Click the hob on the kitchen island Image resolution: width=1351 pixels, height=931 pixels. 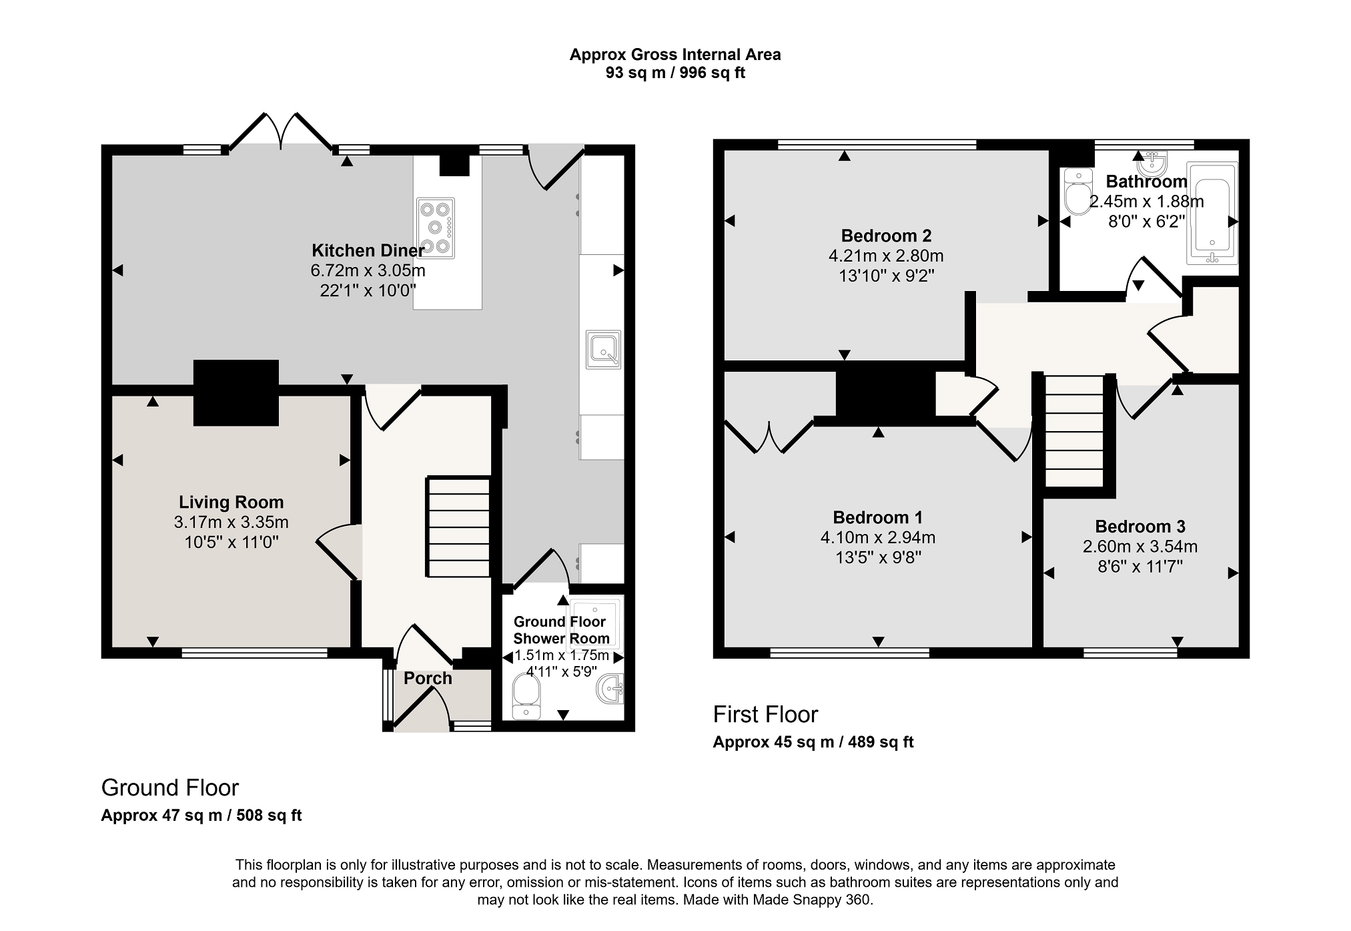pyautogui.click(x=435, y=228)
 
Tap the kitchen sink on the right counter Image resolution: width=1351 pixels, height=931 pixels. pyautogui.click(x=603, y=350)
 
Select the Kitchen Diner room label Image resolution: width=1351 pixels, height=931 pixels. pyautogui.click(x=368, y=251)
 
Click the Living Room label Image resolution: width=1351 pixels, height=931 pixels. pyautogui.click(x=231, y=502)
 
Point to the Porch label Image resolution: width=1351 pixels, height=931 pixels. pyautogui.click(x=428, y=678)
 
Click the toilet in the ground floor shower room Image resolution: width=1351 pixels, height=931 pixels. pyautogui.click(x=526, y=697)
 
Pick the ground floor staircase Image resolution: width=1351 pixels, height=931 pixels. pyautogui.click(x=458, y=527)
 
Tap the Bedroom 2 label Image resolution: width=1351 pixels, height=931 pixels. pyautogui.click(x=886, y=236)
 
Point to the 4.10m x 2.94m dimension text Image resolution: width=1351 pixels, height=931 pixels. pyautogui.click(x=877, y=537)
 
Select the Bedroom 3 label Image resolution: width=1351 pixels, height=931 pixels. pyautogui.click(x=1140, y=527)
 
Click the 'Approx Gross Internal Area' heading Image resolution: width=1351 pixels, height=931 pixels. pyautogui.click(x=675, y=55)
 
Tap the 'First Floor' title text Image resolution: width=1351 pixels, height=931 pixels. pyautogui.click(x=765, y=715)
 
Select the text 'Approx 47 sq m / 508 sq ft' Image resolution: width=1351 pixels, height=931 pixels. pyautogui.click(x=201, y=816)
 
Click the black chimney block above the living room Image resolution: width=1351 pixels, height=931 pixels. pyautogui.click(x=236, y=392)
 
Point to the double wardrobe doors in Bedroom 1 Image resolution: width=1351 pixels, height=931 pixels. pyautogui.click(x=769, y=436)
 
